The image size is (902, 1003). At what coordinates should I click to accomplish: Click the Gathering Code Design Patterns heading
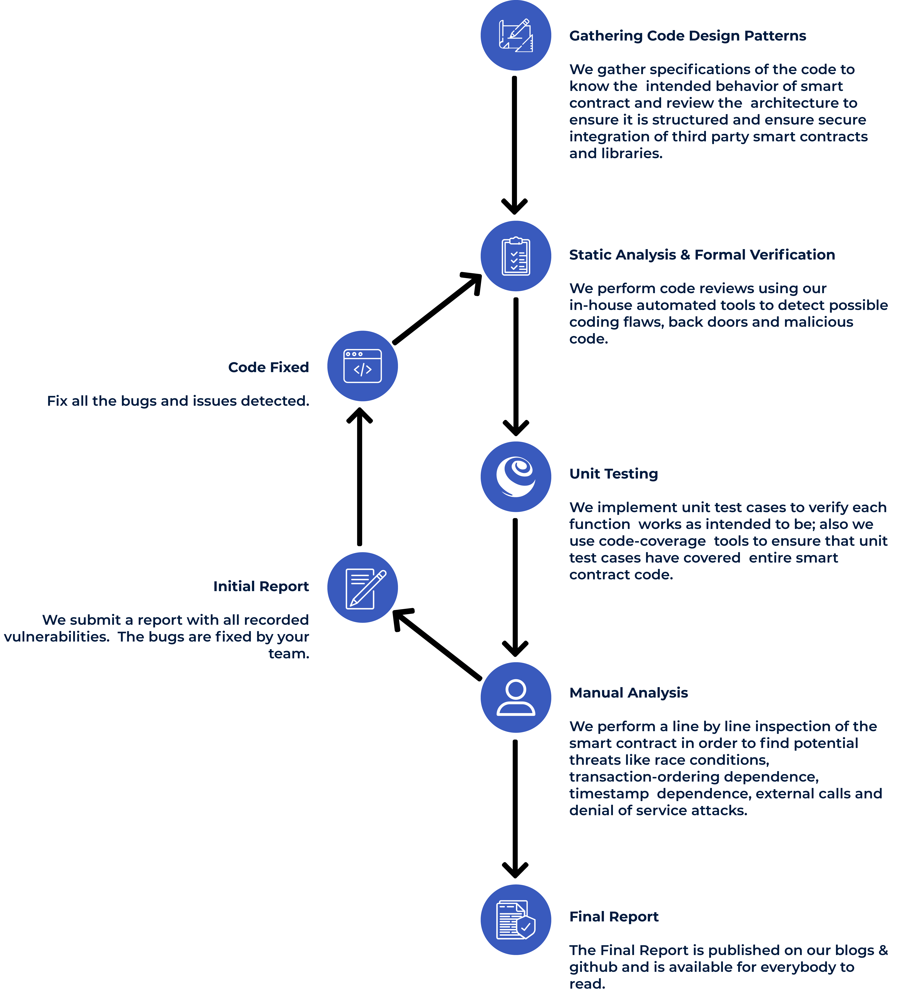click(687, 36)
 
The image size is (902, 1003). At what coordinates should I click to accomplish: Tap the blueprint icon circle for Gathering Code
click(516, 35)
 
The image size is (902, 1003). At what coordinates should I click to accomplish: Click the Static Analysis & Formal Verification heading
click(702, 255)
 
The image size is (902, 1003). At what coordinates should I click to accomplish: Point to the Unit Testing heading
click(613, 474)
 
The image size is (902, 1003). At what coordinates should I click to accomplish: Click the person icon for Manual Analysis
click(516, 697)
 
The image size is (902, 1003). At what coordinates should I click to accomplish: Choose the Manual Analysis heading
click(628, 693)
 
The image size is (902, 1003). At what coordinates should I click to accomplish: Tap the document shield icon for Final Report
click(516, 920)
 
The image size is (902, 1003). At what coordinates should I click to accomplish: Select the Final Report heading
click(613, 917)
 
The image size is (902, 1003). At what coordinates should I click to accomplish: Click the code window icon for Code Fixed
click(363, 366)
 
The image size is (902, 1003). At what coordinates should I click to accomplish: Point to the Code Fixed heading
click(269, 367)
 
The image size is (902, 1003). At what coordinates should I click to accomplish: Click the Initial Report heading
click(261, 586)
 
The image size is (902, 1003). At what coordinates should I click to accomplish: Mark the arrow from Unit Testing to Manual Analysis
click(515, 588)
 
